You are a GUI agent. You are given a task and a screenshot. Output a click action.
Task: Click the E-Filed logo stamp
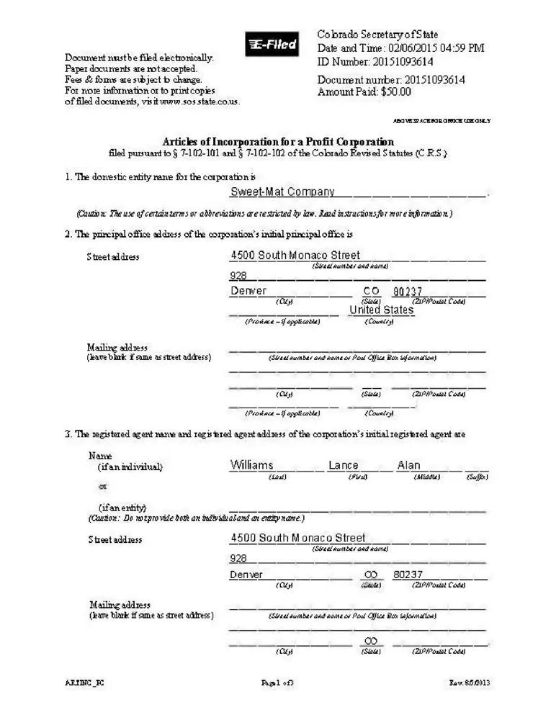point(272,45)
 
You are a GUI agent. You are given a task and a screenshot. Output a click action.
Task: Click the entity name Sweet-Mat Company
point(282,192)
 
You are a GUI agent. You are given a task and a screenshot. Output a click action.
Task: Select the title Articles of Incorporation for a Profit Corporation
point(278,142)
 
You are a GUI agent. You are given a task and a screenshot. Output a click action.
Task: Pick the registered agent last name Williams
point(251,466)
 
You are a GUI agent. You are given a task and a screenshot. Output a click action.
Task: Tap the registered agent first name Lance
point(343,466)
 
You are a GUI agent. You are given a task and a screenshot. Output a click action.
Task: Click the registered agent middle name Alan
point(408,466)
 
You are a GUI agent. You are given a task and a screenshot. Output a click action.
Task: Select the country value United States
point(382,310)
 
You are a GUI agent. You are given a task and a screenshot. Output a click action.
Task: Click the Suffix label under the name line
point(477,477)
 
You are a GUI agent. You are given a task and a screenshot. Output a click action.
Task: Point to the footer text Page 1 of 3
point(277,683)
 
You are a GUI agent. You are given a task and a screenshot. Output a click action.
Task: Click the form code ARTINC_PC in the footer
point(79,683)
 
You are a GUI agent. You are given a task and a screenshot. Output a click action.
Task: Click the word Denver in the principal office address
point(248,292)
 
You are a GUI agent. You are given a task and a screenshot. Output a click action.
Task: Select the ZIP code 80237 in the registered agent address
point(408,575)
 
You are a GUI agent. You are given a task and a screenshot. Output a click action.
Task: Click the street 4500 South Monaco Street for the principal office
point(295,256)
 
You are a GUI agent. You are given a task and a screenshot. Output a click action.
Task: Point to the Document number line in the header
point(391,80)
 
